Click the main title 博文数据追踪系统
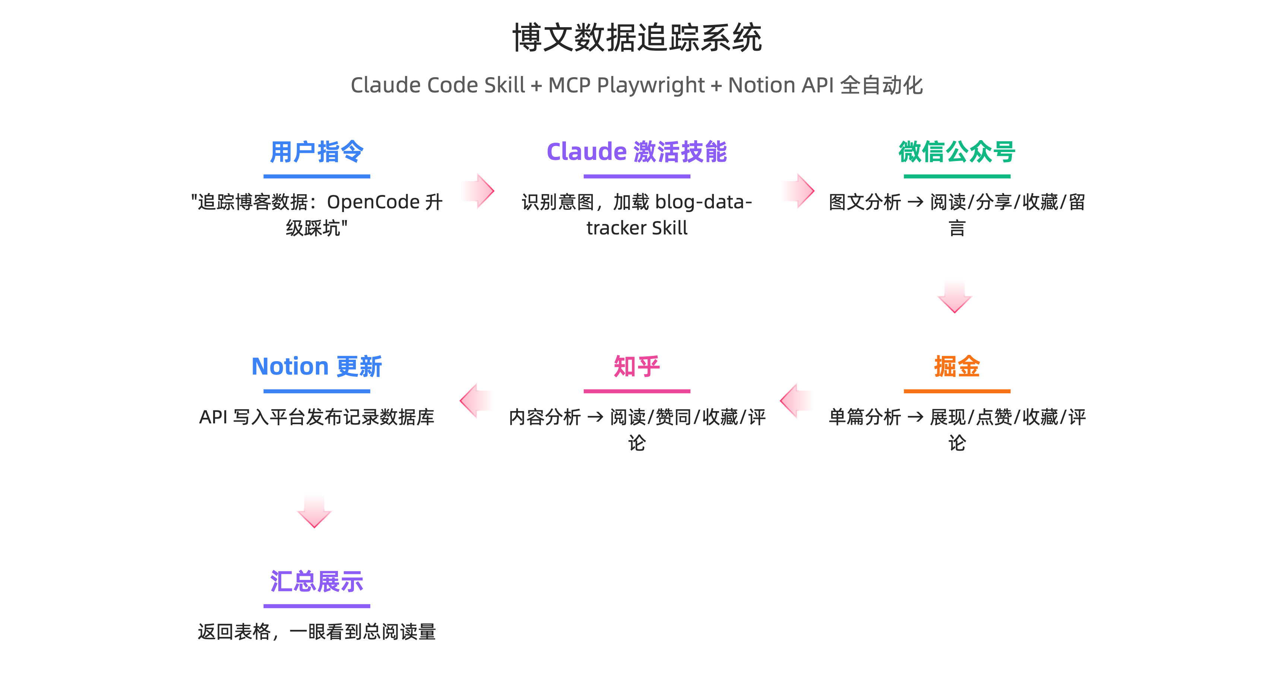pos(636,38)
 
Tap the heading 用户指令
pos(317,152)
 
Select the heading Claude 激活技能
pos(636,152)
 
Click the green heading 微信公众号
pos(957,152)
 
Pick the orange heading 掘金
pos(957,366)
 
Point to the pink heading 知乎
pos(636,366)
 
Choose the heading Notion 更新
pos(317,366)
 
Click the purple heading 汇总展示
pos(317,582)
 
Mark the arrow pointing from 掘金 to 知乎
pos(796,401)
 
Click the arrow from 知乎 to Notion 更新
pos(476,401)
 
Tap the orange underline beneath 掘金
pos(957,391)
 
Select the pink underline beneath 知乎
pos(636,391)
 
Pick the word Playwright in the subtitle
pos(651,85)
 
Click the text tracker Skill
pos(636,228)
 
